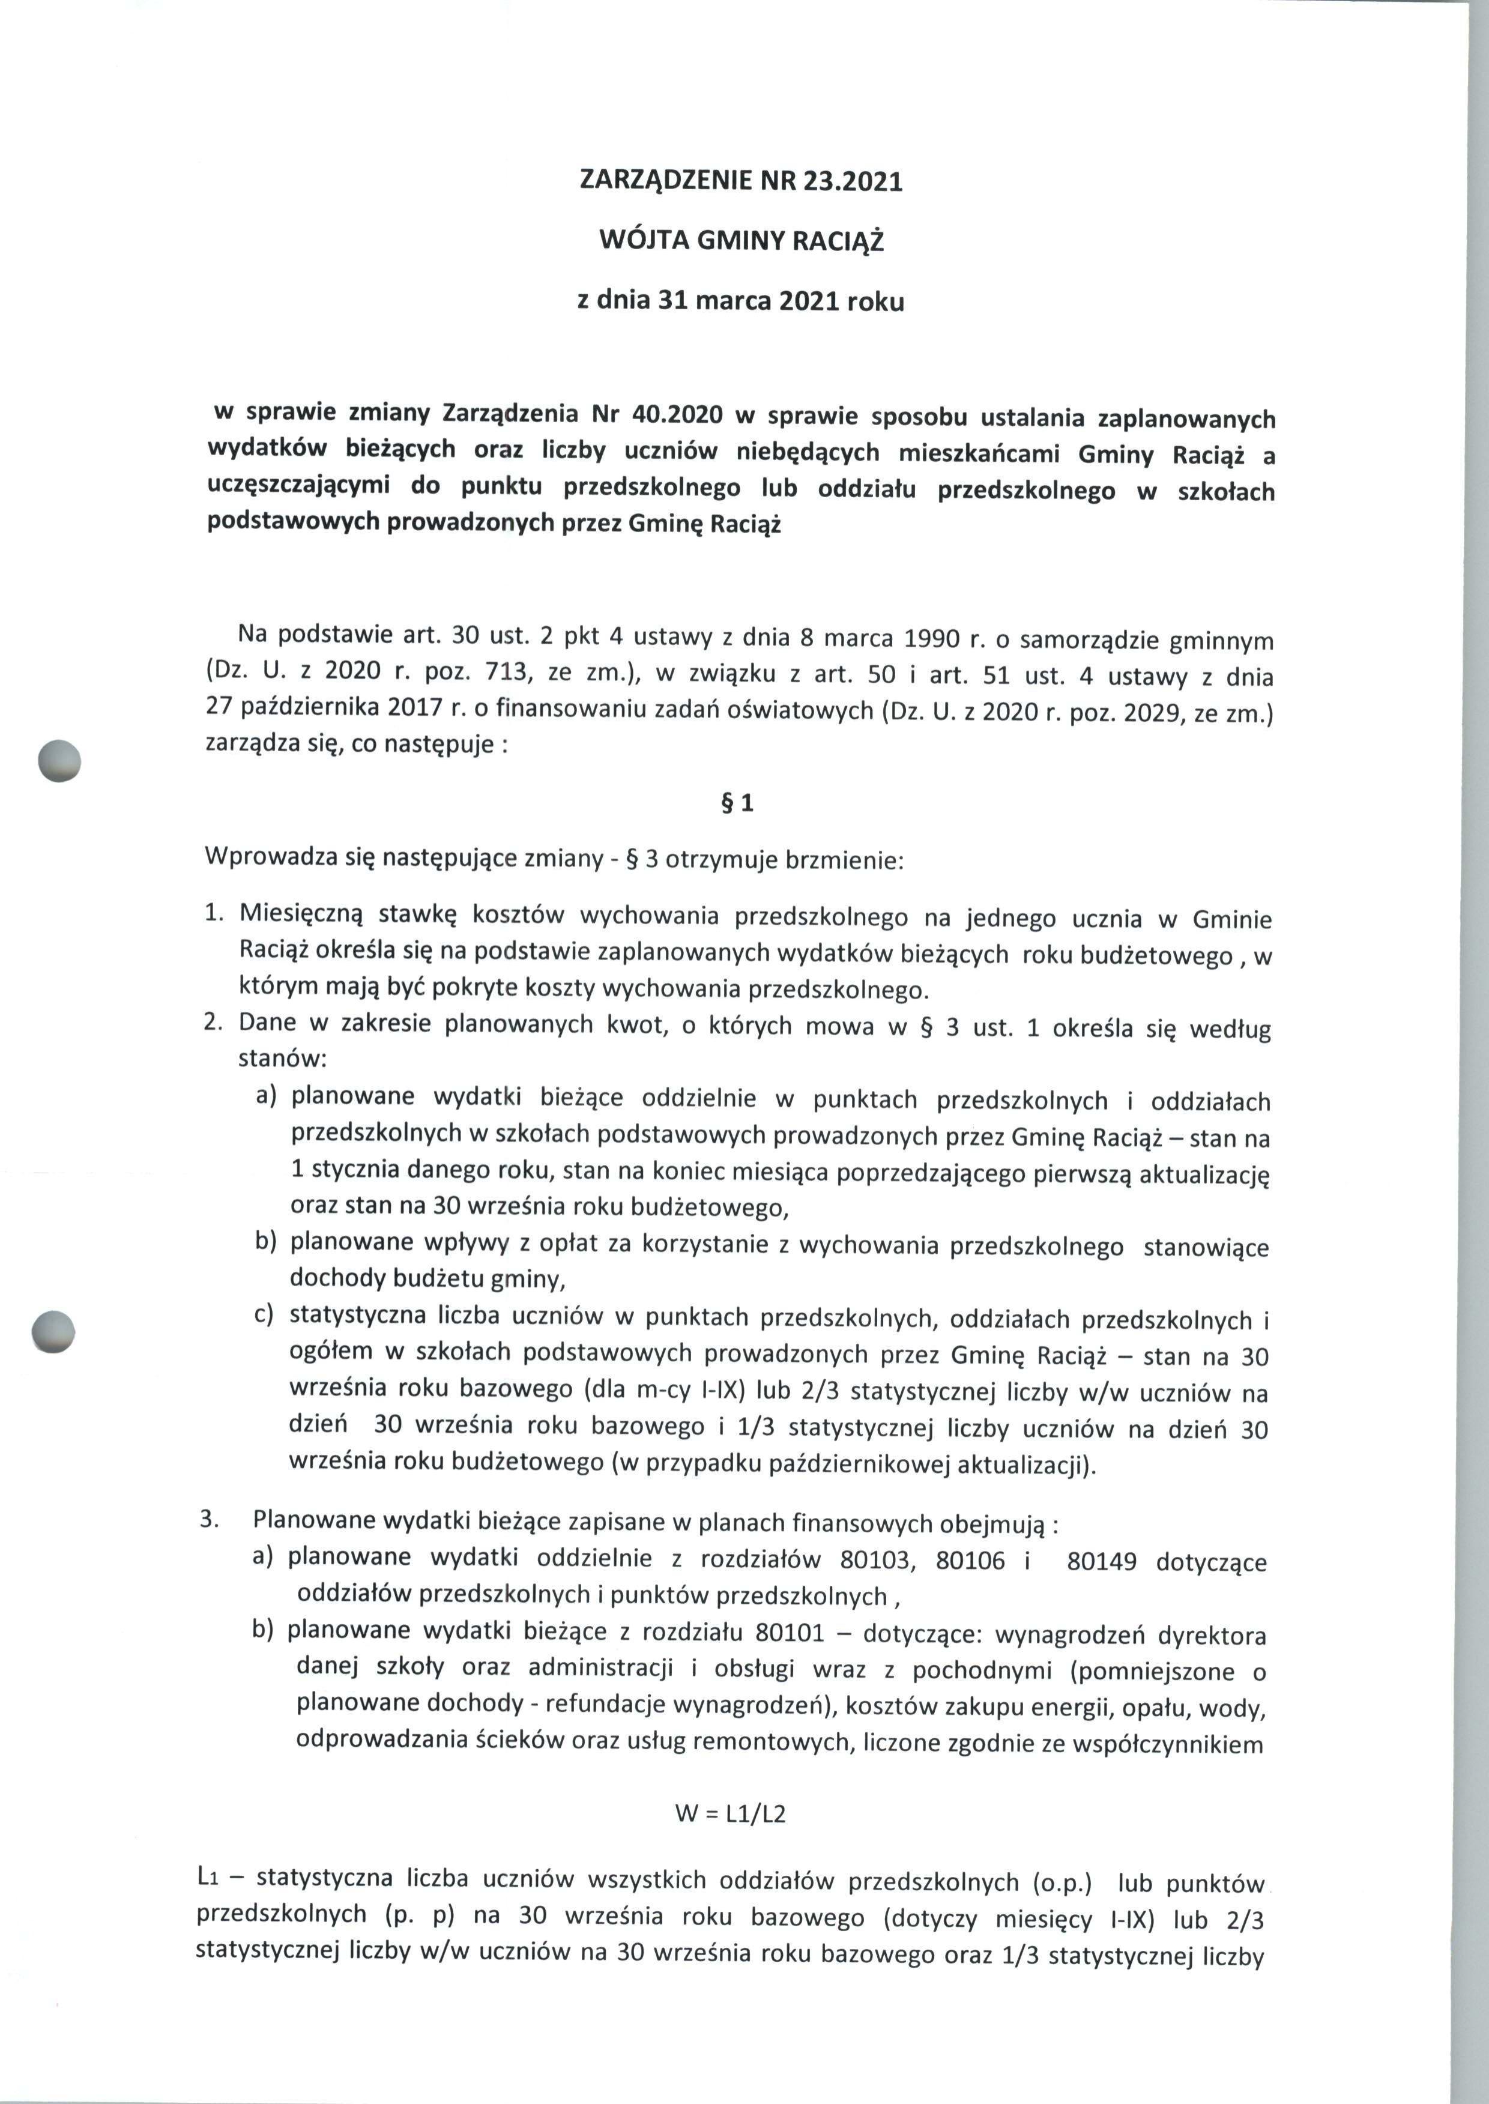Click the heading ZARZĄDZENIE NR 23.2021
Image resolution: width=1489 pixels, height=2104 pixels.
coord(741,181)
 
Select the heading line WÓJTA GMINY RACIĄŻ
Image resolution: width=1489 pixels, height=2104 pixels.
coord(741,241)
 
